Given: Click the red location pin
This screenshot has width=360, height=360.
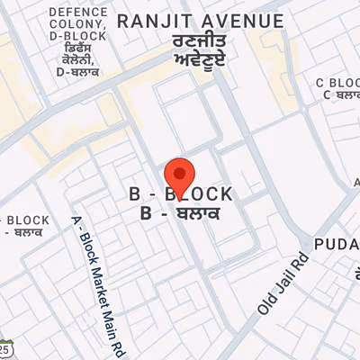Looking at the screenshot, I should tap(180, 174).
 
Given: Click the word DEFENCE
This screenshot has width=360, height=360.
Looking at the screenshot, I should tap(77, 12).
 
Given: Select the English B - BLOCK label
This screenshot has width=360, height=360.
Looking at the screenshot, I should tap(181, 194).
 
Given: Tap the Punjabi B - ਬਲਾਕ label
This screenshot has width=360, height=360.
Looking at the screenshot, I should tap(181, 213).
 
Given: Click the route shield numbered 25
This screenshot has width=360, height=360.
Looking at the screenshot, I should tap(5, 347).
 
